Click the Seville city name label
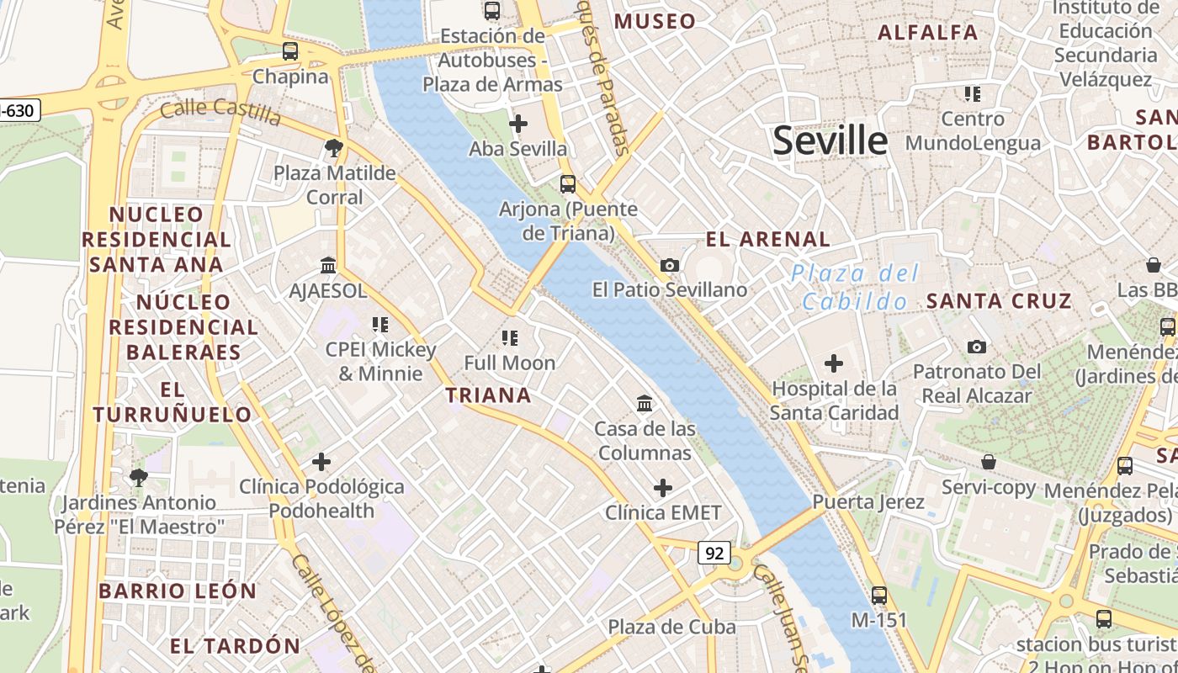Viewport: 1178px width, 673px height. click(830, 140)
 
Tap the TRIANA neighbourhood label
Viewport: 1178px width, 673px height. click(488, 395)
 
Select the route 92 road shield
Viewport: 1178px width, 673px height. click(714, 553)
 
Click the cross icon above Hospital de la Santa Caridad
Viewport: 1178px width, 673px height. click(834, 363)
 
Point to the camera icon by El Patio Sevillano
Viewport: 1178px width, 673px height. click(670, 266)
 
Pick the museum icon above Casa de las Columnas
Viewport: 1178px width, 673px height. click(645, 404)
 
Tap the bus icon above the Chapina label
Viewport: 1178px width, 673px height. click(290, 51)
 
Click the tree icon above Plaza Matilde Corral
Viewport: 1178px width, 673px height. click(334, 149)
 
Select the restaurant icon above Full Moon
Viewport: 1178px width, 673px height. click(509, 338)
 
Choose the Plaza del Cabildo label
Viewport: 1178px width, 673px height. click(855, 287)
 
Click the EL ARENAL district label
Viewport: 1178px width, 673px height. click(767, 239)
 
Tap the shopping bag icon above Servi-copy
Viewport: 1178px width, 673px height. click(989, 462)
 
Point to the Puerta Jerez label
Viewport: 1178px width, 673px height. click(868, 502)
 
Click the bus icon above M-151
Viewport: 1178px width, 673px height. click(879, 596)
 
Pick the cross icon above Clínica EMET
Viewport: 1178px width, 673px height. click(663, 488)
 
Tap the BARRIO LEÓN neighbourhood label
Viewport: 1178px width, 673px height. click(178, 591)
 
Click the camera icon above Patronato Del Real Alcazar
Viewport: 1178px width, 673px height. click(976, 347)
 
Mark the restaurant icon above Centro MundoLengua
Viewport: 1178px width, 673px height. click(973, 93)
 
